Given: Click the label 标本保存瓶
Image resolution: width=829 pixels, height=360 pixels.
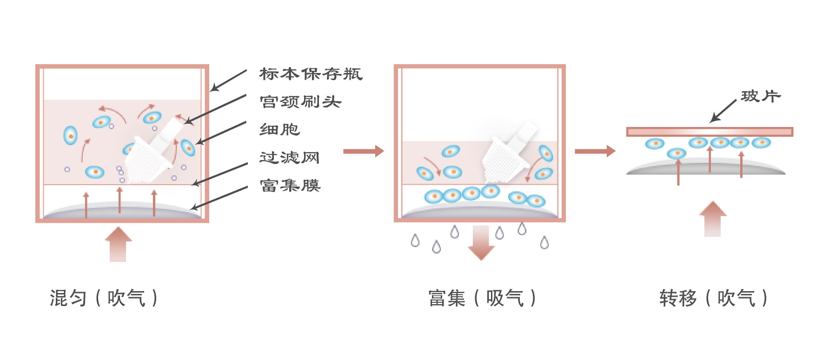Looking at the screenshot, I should point(311,74).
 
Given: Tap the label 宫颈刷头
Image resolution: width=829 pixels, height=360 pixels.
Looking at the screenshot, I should point(300,102).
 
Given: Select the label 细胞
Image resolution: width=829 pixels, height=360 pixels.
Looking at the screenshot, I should point(279,129).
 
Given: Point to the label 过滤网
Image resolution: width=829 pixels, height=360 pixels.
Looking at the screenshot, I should point(289,158).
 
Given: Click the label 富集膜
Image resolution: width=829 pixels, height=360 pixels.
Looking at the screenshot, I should point(290,186).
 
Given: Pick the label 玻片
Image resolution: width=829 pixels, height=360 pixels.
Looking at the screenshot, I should point(761,96).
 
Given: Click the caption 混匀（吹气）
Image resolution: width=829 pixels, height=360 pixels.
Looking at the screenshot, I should point(104,298).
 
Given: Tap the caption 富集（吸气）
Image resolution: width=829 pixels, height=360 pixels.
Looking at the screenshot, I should point(482,298).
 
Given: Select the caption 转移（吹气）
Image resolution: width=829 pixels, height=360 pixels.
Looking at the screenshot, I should point(713,298).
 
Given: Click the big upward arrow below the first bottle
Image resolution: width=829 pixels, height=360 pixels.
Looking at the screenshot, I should point(118,244).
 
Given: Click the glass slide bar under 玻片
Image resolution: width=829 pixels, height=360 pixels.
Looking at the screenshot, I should point(710,132).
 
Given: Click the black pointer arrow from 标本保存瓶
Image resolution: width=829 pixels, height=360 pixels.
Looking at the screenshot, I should point(228,80).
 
